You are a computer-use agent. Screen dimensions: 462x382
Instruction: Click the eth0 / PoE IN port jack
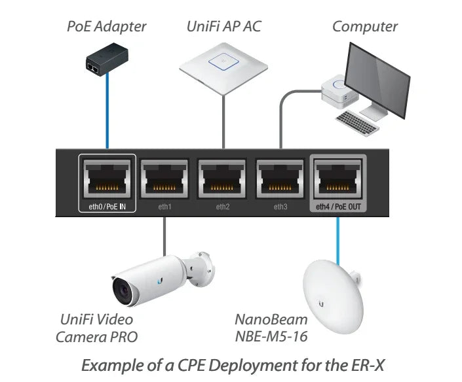click(x=107, y=179)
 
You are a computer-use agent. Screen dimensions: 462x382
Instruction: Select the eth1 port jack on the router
click(x=164, y=179)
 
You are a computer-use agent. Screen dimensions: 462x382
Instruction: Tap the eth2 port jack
click(x=222, y=179)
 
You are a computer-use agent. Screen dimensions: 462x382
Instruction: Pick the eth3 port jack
click(x=280, y=179)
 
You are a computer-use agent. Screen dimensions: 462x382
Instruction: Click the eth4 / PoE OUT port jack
click(x=338, y=179)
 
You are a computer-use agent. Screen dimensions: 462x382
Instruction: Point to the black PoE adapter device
click(x=107, y=59)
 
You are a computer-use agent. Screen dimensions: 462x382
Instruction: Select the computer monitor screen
click(x=377, y=80)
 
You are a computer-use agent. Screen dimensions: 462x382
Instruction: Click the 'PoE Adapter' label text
click(x=107, y=27)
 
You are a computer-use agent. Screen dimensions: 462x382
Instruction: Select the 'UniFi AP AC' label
click(x=224, y=26)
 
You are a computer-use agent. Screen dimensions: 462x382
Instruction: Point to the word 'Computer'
click(x=365, y=27)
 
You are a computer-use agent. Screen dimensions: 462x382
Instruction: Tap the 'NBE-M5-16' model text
click(x=271, y=337)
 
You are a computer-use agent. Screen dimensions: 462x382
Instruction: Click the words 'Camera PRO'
click(x=96, y=338)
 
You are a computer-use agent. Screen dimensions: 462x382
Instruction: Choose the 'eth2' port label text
click(x=222, y=207)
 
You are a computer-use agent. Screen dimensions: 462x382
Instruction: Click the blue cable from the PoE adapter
click(x=107, y=111)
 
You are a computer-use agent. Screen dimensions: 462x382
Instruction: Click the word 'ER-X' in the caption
click(x=368, y=366)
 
